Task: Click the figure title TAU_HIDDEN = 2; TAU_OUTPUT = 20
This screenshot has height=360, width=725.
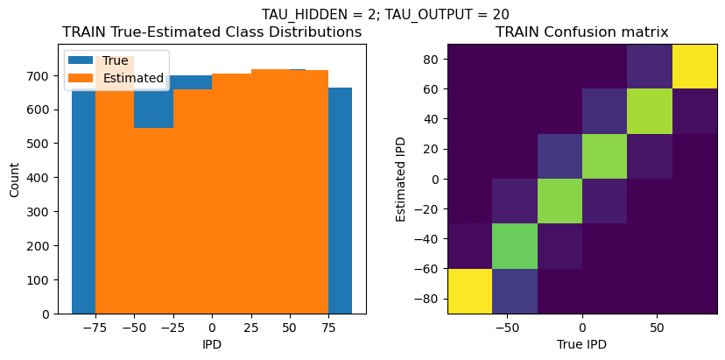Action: click(x=385, y=14)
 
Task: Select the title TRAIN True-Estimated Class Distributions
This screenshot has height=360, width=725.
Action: click(x=212, y=32)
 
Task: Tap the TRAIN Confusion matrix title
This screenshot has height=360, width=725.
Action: click(x=582, y=32)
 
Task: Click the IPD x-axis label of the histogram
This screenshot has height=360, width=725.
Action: click(x=212, y=345)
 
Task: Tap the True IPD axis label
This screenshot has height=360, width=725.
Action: click(x=582, y=345)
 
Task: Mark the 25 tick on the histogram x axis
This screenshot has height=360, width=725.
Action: click(x=251, y=326)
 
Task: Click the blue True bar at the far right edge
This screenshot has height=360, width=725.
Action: click(x=341, y=201)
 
